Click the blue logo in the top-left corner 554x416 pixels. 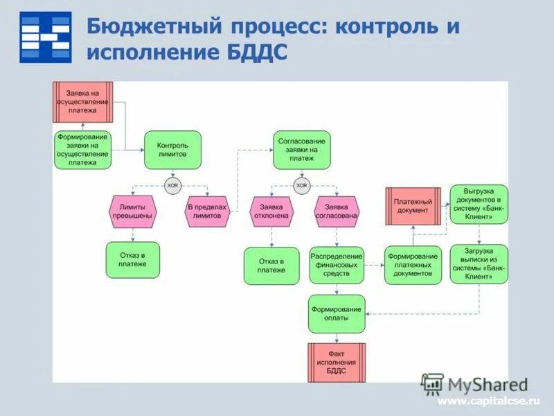click(x=45, y=37)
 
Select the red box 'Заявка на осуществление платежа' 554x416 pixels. click(x=82, y=102)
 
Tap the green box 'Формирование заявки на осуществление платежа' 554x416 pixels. click(x=82, y=150)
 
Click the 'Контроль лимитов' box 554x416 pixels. click(x=172, y=150)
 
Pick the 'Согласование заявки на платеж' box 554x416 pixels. click(x=301, y=150)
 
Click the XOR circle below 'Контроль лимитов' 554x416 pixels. click(x=172, y=185)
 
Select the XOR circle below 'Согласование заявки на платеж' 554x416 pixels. click(x=301, y=185)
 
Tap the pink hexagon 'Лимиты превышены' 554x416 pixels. click(x=132, y=211)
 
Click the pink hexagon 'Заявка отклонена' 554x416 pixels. click(x=271, y=211)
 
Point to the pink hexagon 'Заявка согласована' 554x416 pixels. click(x=337, y=211)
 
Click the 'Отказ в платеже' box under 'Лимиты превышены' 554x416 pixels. click(x=132, y=260)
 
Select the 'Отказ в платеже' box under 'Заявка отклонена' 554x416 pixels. click(x=271, y=266)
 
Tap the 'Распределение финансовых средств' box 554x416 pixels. click(x=337, y=265)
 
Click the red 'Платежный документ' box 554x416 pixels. click(x=413, y=206)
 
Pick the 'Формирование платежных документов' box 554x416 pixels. click(x=413, y=265)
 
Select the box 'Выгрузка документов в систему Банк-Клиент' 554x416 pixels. click(x=479, y=204)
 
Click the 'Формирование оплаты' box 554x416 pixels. click(x=337, y=313)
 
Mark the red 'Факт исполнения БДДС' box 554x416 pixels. click(x=337, y=363)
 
